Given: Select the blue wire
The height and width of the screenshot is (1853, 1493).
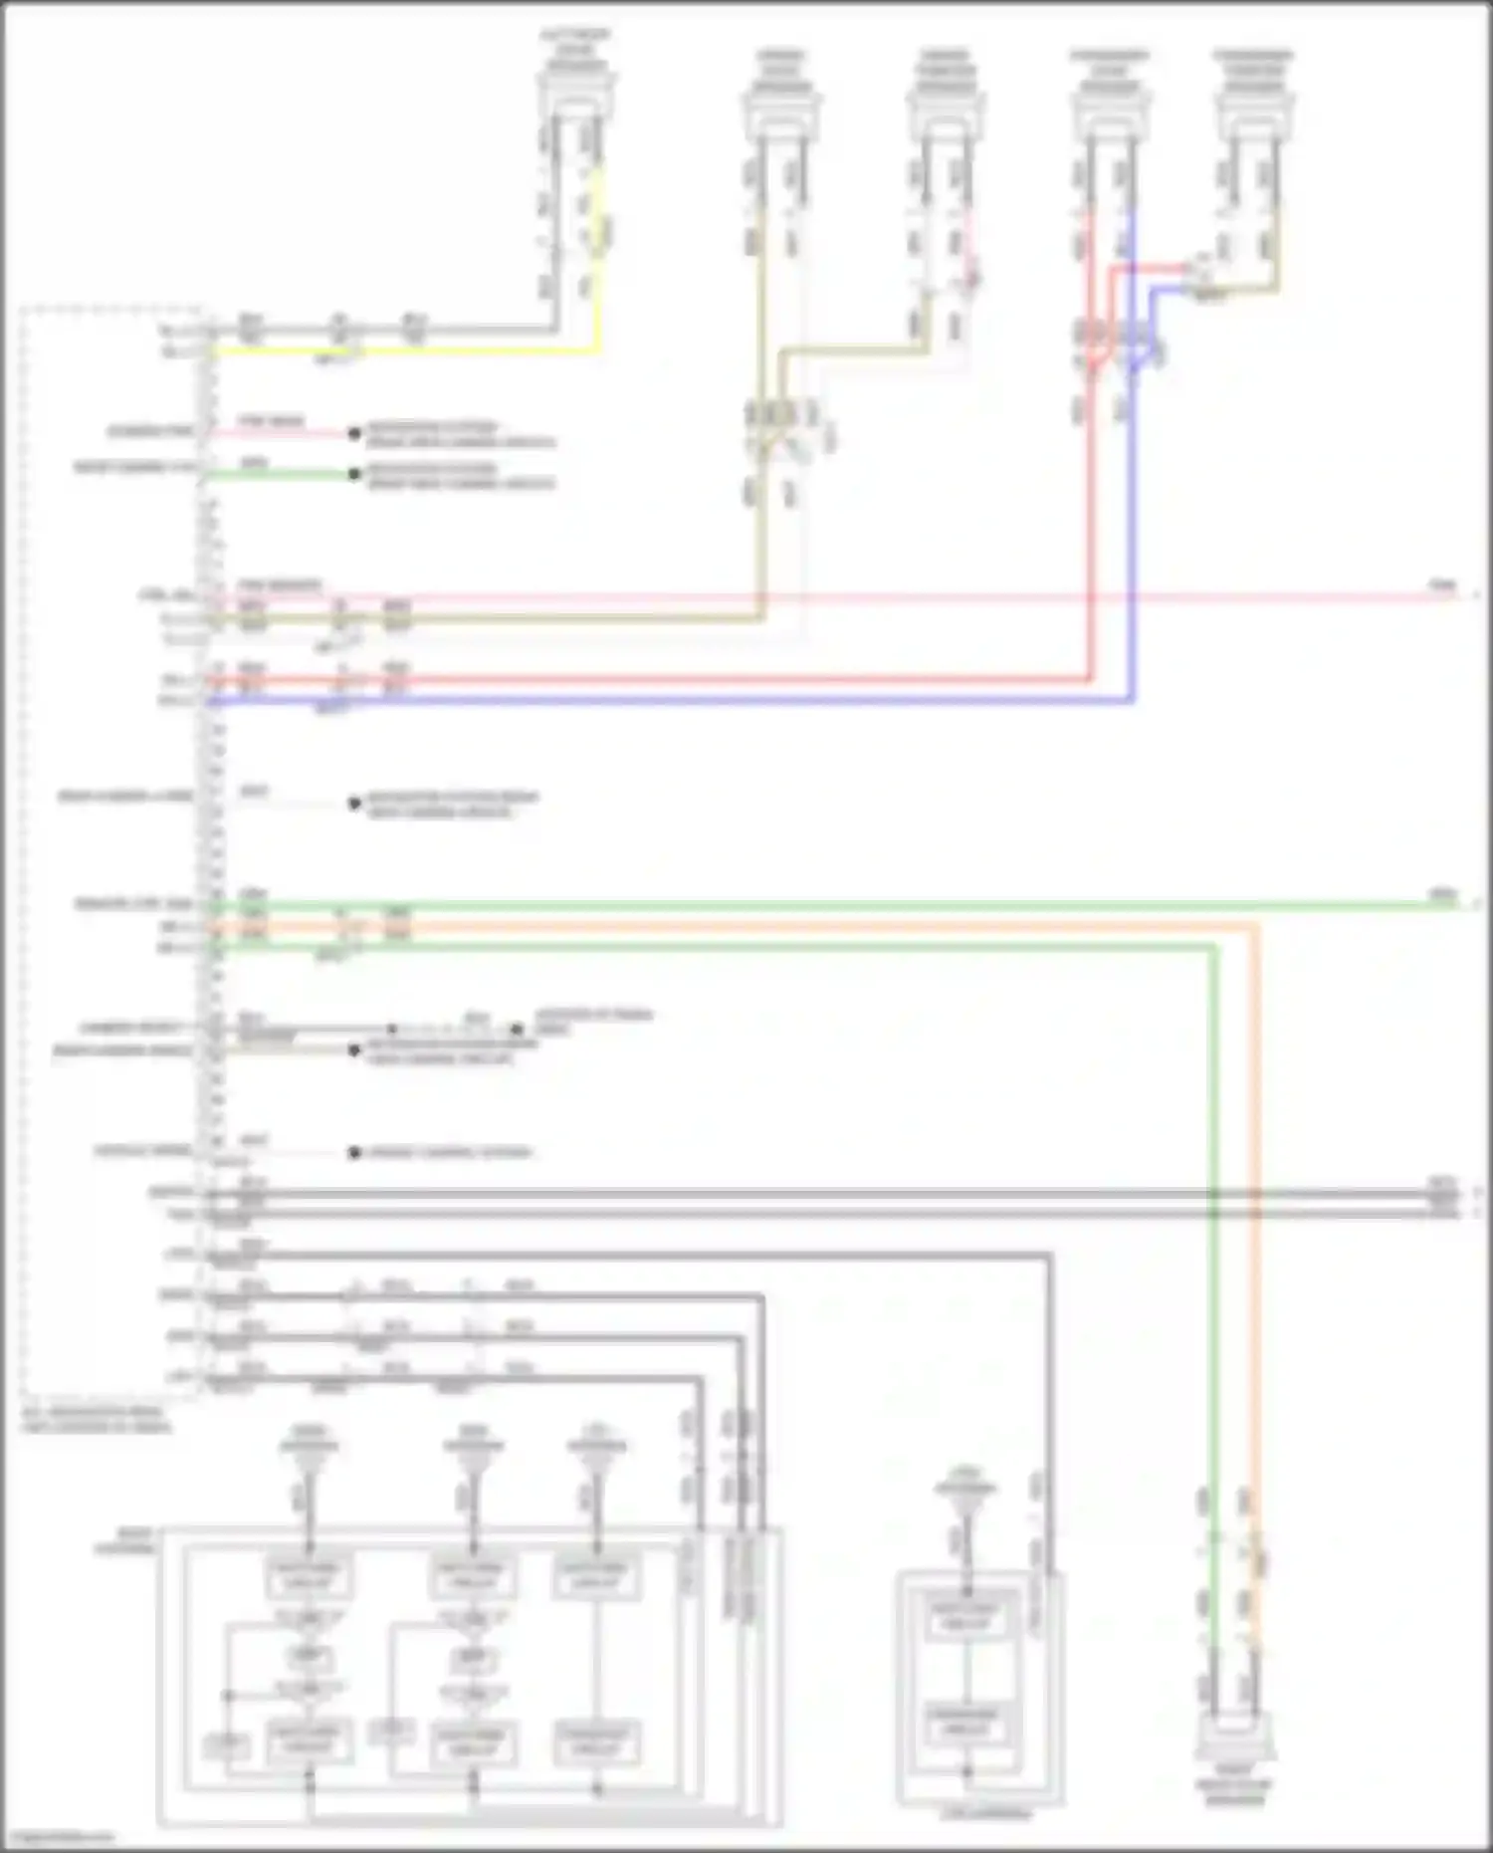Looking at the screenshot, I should (697, 701).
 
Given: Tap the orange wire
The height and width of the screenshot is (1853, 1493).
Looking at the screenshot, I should (796, 926).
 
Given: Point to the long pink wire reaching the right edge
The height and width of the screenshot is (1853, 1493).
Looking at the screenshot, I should (995, 598).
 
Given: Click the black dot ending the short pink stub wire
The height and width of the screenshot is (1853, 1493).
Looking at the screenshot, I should (353, 433).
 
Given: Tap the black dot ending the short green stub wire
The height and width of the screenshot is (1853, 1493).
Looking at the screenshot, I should (353, 474).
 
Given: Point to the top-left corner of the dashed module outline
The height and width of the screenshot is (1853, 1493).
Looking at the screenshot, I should (22, 311).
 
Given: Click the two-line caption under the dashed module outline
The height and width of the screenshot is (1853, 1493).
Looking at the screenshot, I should (96, 1419).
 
